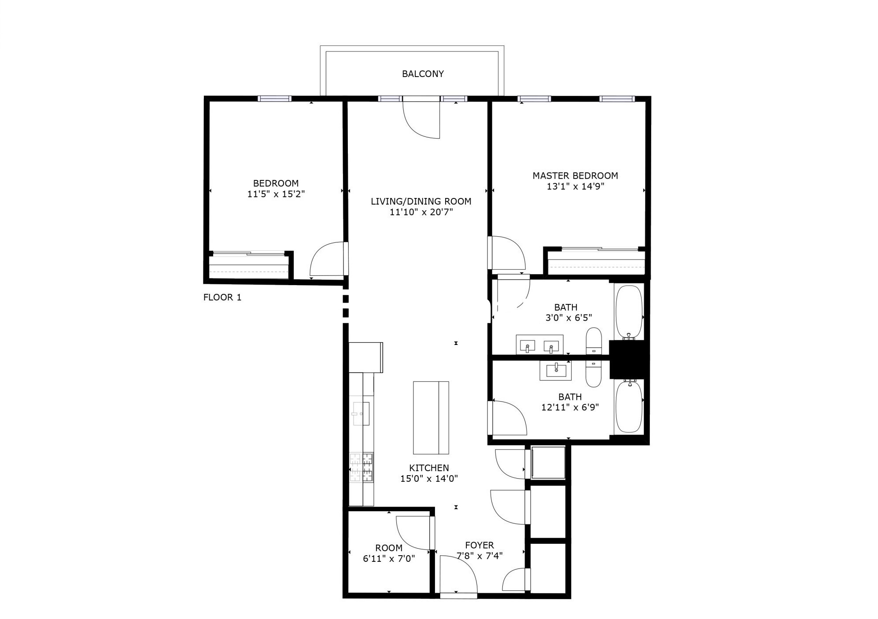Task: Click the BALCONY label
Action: [423, 74]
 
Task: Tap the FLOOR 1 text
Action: [222, 297]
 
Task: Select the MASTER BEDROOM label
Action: [575, 176]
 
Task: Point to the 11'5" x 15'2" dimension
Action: [276, 194]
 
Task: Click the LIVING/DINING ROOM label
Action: [421, 201]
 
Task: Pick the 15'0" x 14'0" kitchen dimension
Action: [429, 479]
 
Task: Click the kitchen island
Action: [431, 418]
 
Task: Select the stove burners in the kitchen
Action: [361, 467]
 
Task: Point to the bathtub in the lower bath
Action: [629, 406]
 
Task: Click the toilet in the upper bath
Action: [594, 341]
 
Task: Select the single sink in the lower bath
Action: [556, 370]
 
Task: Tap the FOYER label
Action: [480, 545]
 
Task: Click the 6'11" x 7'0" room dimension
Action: [389, 559]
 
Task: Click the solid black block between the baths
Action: [627, 359]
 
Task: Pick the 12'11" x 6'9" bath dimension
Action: [570, 407]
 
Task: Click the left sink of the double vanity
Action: [528, 346]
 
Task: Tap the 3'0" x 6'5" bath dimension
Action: [568, 318]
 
